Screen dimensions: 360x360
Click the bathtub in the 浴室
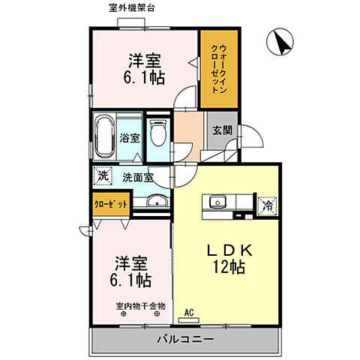coord(103,136)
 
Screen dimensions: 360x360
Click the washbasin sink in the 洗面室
coord(155,199)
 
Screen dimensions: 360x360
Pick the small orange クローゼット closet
coord(110,203)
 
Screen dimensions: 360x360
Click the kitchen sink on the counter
coord(218,201)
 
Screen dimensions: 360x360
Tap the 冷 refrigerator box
coord(266,203)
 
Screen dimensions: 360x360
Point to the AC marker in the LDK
coord(189,313)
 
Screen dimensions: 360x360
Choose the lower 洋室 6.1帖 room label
coord(132,272)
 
